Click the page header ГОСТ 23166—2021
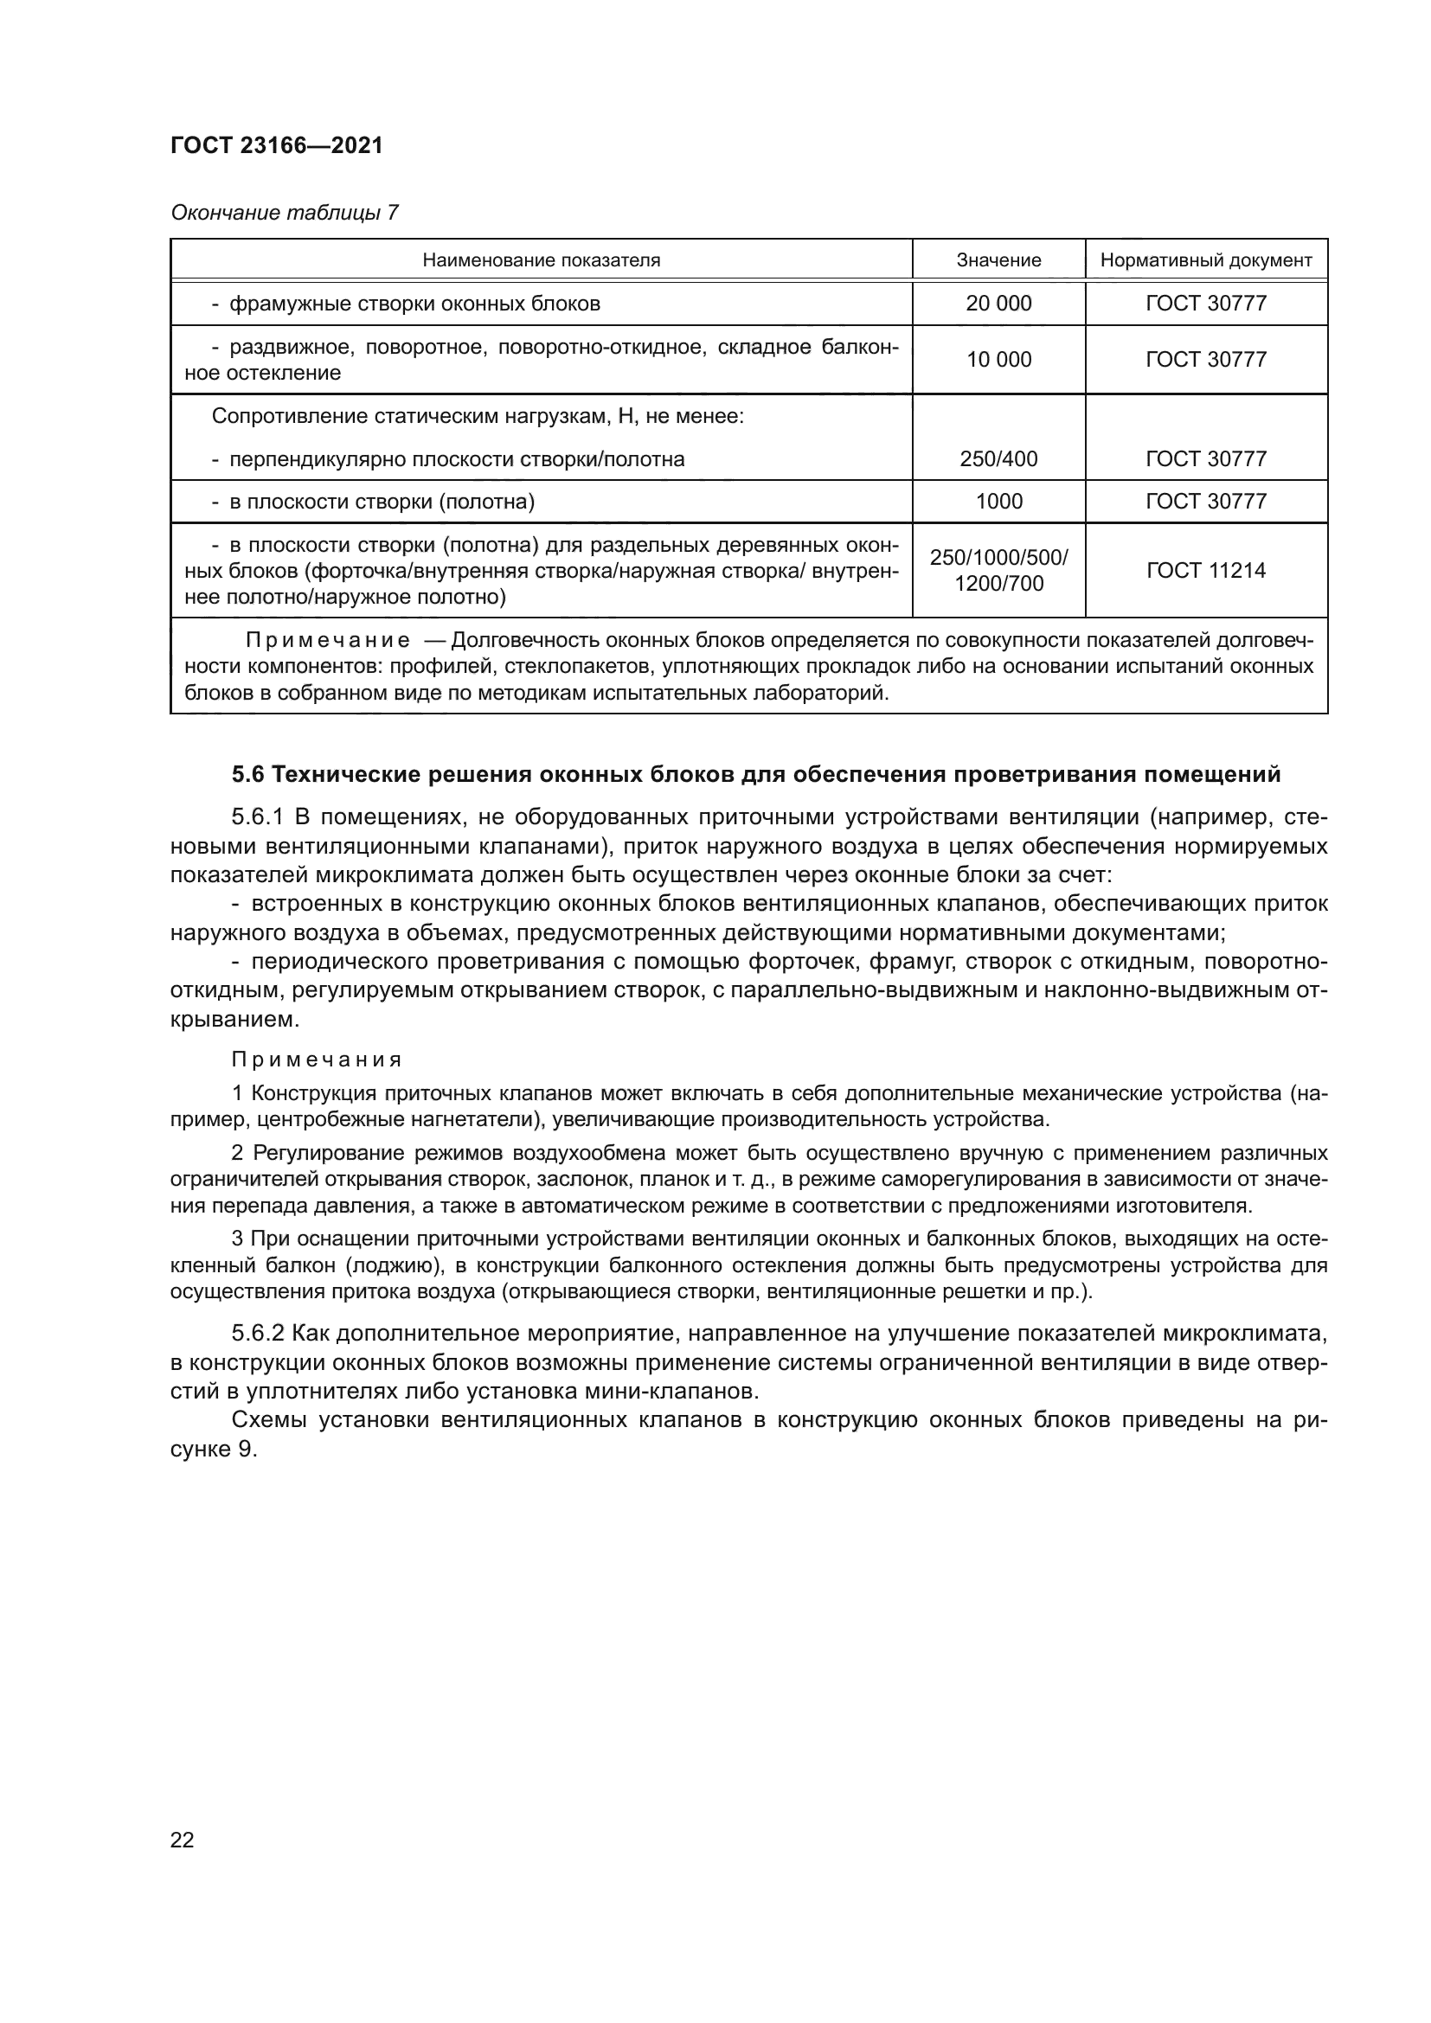click(x=277, y=146)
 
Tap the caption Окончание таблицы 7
click(x=284, y=213)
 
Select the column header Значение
click(x=998, y=260)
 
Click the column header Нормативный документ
click(x=1205, y=260)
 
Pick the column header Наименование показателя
click(x=541, y=260)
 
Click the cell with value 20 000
click(x=998, y=303)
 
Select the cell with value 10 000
click(x=998, y=360)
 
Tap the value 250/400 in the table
click(x=998, y=459)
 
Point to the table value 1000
click(x=998, y=502)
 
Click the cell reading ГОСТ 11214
click(x=1205, y=570)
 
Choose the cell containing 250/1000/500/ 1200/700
click(x=998, y=570)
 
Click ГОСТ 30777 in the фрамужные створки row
click(x=1205, y=303)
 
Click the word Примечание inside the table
click(x=327, y=640)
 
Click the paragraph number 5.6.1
click(x=257, y=816)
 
